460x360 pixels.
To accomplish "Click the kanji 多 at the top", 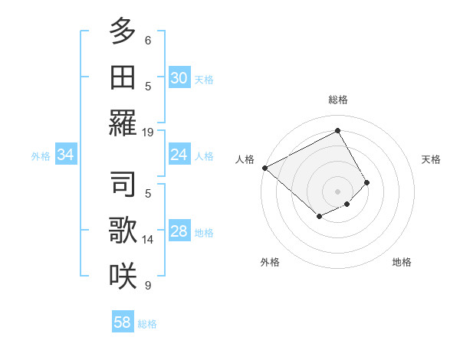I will pos(123,31).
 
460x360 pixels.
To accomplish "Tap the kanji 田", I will pos(123,77).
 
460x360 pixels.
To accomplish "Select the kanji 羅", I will pos(123,123).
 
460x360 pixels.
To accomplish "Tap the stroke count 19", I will pos(148,132).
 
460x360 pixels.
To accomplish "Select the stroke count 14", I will pos(148,240).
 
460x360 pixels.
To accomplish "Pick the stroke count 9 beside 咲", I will pos(148,286).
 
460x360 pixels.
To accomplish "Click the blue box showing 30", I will pos(179,77).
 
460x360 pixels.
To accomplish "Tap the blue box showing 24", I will pos(179,155).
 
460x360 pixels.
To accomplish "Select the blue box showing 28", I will pos(179,231).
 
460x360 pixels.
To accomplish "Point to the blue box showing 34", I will pos(65,155).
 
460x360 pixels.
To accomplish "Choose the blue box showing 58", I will pos(123,322).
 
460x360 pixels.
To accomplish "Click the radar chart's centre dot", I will pos(337,191).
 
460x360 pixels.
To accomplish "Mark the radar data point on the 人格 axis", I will pos(264,168).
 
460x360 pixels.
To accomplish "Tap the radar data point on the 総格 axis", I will pos(337,130).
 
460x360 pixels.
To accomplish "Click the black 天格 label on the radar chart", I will pos(431,159).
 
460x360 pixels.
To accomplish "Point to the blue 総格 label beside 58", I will pos(147,324).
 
